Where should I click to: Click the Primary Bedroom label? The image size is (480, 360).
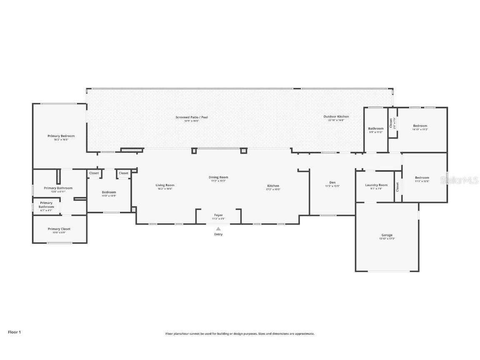point(61,136)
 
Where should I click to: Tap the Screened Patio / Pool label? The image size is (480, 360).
point(192,117)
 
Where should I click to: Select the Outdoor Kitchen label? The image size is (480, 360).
point(336,116)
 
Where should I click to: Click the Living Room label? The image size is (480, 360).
point(165,185)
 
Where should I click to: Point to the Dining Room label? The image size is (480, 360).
point(218,177)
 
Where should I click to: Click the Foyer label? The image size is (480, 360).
point(218,215)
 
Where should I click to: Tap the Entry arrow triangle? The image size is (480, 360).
point(218,228)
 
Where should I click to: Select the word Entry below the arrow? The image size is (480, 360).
point(218,234)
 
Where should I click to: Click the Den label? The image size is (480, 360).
point(332,182)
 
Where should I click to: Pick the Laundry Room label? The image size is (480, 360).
point(376,185)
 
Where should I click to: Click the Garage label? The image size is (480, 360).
point(387,235)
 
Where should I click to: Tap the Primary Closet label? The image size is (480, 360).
point(59,229)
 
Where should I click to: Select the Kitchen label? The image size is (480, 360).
point(273,185)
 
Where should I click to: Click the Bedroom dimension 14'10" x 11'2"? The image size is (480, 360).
point(420,130)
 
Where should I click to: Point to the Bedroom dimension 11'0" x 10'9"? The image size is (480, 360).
point(109,196)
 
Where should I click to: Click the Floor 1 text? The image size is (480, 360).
point(14,332)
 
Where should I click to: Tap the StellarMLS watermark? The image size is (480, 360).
point(459,180)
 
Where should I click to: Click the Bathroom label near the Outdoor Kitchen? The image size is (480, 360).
point(375,128)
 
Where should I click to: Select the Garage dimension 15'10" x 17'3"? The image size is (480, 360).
point(387,239)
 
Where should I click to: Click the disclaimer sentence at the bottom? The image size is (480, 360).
point(240,334)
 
